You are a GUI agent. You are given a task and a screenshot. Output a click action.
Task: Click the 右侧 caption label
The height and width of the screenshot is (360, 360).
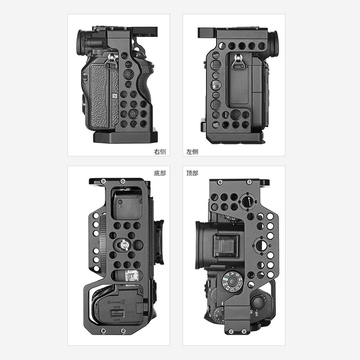coord(160,152)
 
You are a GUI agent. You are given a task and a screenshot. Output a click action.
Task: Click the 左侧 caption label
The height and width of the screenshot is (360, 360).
coord(193,152)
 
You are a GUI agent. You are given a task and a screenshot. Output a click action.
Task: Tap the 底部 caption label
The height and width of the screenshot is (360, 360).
coord(160,173)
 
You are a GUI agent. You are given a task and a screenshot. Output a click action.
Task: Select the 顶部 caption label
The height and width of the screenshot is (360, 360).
coord(193,173)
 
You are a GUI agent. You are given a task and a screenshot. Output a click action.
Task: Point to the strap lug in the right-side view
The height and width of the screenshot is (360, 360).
coord(111,58)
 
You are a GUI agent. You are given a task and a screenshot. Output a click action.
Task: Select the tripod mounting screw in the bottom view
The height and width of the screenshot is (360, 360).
coord(124,245)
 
